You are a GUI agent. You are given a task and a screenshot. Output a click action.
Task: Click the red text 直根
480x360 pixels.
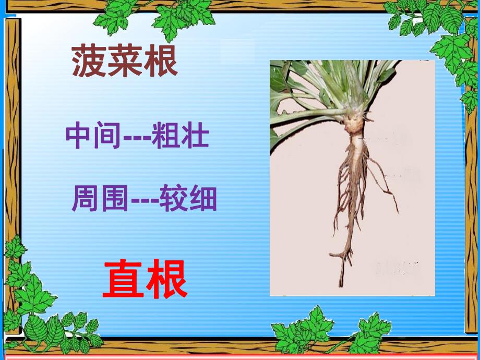[145, 280]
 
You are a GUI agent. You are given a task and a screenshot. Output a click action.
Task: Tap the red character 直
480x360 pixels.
[123, 280]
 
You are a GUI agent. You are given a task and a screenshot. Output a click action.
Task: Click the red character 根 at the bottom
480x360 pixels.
[166, 280]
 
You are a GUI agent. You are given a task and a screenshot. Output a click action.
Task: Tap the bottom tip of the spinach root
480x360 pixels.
[342, 284]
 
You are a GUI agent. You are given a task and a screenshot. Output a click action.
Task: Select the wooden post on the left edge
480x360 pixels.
[11, 130]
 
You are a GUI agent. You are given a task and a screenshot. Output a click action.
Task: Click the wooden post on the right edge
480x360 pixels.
[471, 209]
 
